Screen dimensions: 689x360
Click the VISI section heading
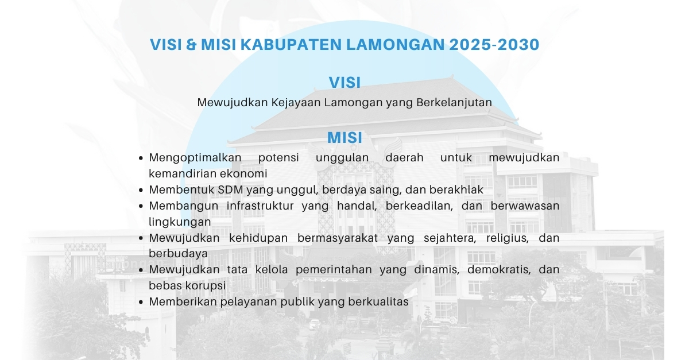[344, 83]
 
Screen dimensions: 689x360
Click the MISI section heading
[344, 138]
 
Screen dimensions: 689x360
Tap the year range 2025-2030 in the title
[494, 44]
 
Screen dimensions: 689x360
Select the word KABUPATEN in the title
[291, 44]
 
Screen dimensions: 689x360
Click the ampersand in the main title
[191, 44]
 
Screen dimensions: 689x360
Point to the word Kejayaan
[296, 103]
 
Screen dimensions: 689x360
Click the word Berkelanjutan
[454, 103]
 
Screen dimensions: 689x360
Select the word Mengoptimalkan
[195, 158]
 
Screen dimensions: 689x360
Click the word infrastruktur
[260, 206]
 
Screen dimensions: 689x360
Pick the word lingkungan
[180, 222]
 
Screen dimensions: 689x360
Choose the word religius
[507, 238]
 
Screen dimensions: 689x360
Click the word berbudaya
[179, 254]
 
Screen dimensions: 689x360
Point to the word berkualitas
[378, 302]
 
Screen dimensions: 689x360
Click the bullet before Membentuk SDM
[141, 190]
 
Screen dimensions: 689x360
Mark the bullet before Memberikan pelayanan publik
[141, 302]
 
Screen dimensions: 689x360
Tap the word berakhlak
[456, 189]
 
